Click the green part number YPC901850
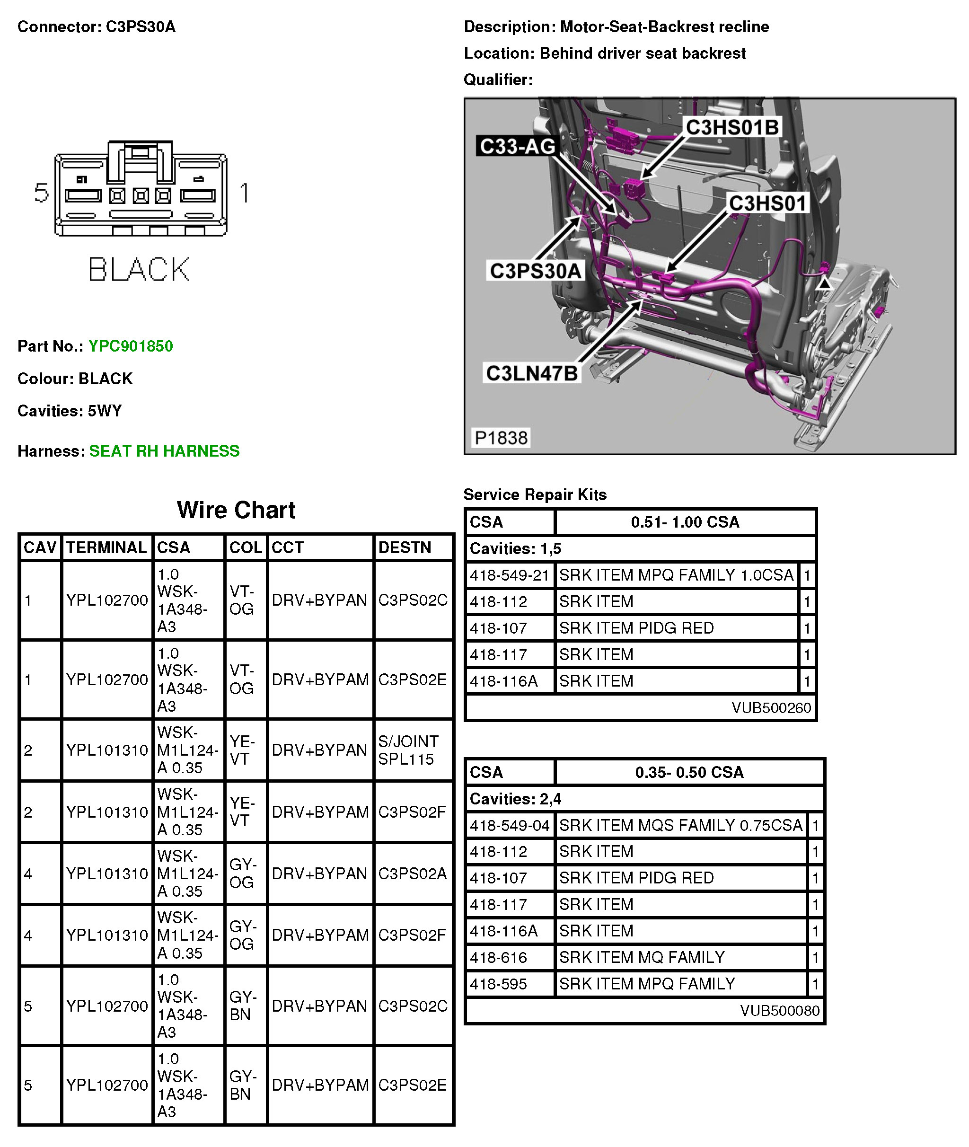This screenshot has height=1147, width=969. (x=131, y=346)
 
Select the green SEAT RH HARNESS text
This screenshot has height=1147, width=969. (x=164, y=451)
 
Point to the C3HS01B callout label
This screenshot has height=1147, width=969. (x=732, y=127)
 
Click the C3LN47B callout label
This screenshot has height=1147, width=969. (x=532, y=373)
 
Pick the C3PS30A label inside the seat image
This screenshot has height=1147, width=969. (x=535, y=271)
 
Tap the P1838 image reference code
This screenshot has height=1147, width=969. (x=501, y=438)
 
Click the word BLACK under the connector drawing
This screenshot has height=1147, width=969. (x=139, y=270)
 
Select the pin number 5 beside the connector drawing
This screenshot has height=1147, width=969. (x=42, y=193)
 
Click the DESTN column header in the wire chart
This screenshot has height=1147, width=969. (x=405, y=547)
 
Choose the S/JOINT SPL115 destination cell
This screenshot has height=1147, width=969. (x=408, y=750)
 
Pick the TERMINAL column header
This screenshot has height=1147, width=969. (x=106, y=547)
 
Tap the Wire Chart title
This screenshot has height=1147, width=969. (x=236, y=510)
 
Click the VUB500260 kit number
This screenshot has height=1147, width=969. (x=771, y=707)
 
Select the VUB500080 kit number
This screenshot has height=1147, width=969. (x=779, y=1011)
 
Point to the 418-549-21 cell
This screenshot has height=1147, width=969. (x=509, y=575)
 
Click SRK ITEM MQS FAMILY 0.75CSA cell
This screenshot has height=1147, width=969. (x=680, y=825)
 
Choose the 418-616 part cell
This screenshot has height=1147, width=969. (x=498, y=957)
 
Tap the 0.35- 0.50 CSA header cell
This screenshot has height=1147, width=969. (x=689, y=772)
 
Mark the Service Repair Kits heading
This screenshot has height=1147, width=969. (x=535, y=494)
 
